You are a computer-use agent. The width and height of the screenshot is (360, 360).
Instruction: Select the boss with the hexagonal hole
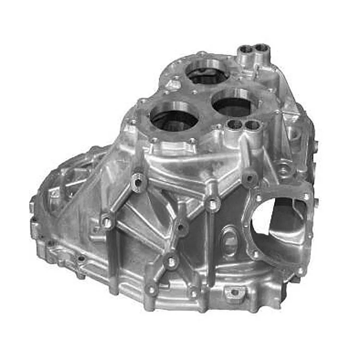click(139, 182)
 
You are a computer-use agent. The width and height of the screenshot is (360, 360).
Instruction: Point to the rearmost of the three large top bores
click(207, 73)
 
